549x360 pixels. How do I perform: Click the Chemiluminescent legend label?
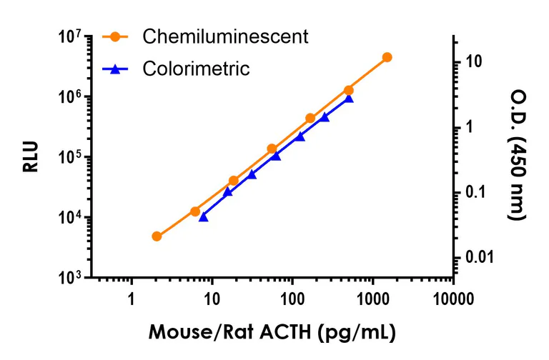tap(225, 36)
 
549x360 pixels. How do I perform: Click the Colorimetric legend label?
tap(196, 69)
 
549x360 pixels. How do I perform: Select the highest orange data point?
tap(387, 57)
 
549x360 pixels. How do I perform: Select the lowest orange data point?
tap(157, 236)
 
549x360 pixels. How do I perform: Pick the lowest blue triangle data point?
tap(203, 216)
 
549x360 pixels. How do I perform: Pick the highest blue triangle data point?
tap(349, 99)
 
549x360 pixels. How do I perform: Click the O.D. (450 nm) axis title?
tap(517, 154)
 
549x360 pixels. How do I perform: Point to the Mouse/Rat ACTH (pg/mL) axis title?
tap(272, 333)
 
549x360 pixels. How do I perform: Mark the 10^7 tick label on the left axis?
tap(71, 36)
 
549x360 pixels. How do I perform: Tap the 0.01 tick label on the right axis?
tap(482, 257)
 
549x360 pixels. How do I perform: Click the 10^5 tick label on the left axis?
tap(71, 157)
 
